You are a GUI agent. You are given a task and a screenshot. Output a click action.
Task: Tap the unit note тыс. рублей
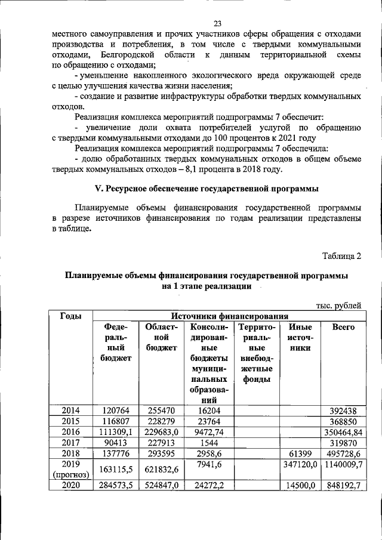tap(338, 306)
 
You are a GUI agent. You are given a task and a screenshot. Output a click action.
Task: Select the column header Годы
tap(71, 316)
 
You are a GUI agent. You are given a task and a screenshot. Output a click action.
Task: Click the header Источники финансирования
tap(230, 316)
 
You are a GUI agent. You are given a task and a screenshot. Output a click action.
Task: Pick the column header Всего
tap(343, 327)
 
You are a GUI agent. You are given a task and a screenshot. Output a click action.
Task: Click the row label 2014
tap(71, 411)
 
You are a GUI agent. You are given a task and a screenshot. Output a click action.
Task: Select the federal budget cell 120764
tap(116, 411)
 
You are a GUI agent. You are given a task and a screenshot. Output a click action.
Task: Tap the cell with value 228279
tap(161, 421)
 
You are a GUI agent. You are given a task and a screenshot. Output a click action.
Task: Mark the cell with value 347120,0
tap(300, 464)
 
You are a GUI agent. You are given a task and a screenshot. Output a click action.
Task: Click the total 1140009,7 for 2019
tap(342, 464)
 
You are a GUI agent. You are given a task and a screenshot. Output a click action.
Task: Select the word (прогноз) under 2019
tap(71, 475)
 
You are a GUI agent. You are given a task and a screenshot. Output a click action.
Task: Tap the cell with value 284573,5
tap(116, 486)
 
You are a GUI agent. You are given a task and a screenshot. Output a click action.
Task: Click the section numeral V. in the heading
tap(100, 189)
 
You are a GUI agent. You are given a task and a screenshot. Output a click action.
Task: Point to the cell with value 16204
tap(208, 411)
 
